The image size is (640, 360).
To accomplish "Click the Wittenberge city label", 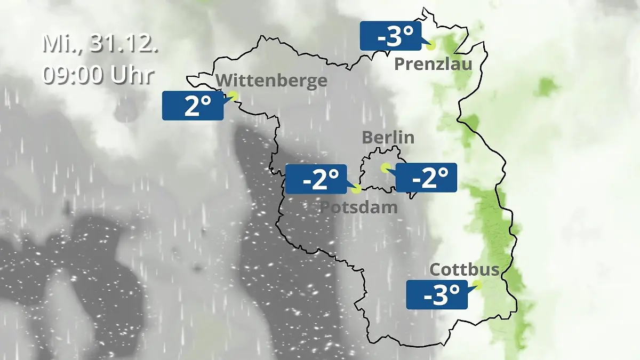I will click(272, 81).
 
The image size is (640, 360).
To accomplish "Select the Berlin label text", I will click(388, 137).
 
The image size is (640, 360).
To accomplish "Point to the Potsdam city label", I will click(358, 207).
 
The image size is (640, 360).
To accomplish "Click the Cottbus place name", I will click(464, 269).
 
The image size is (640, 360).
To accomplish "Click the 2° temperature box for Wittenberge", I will click(193, 106).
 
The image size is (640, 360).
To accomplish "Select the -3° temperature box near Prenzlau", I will click(391, 36).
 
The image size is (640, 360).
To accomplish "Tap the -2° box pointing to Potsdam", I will click(316, 179).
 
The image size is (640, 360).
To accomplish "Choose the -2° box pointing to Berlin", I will click(426, 178).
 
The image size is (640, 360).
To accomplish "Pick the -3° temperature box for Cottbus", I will click(437, 294).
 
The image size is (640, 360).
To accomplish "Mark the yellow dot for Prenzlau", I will click(430, 45).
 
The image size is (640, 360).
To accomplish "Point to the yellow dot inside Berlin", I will click(385, 167).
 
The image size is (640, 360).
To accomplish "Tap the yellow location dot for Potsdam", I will click(357, 188).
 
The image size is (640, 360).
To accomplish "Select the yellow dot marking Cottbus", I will click(477, 285).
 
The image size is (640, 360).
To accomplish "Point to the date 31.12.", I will click(124, 44).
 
